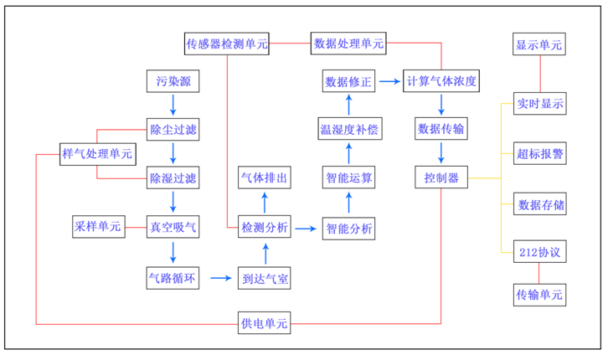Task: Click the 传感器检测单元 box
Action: (x=227, y=43)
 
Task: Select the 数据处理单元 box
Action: (x=348, y=43)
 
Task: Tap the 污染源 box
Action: (x=173, y=81)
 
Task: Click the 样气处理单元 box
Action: (x=97, y=153)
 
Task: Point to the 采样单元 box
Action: (x=97, y=226)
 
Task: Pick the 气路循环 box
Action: (x=173, y=277)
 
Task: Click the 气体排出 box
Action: (x=265, y=177)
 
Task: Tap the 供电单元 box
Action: (x=265, y=322)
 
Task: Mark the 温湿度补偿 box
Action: (x=349, y=130)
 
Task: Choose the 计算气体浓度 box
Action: (x=441, y=81)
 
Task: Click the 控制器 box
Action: (x=441, y=177)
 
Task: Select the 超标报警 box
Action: (x=540, y=154)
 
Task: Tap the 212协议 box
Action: (x=540, y=251)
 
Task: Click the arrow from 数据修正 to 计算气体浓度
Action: (x=388, y=81)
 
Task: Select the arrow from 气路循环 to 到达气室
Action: (x=220, y=277)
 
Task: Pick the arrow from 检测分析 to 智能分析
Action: (x=307, y=227)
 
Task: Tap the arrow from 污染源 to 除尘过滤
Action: (x=173, y=105)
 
